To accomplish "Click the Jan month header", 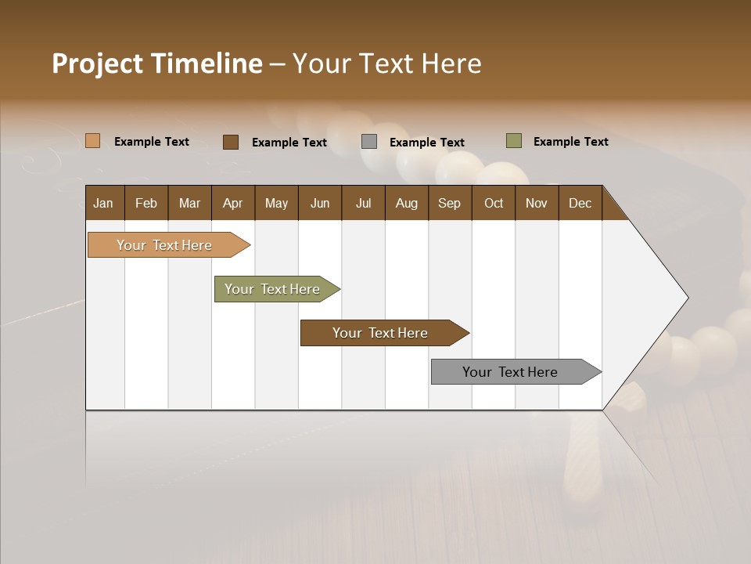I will (103, 203).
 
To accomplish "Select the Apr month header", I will (232, 203).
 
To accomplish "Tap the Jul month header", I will (363, 203).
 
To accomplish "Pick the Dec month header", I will (580, 203).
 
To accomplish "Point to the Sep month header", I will (449, 203).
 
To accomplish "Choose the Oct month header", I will (494, 203).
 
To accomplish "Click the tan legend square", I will (92, 141).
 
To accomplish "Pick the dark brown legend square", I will (230, 142).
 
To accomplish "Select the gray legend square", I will (369, 142).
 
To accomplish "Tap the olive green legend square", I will (513, 141).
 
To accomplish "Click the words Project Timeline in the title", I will (156, 63).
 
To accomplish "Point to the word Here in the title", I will (451, 63).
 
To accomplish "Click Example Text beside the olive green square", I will (570, 142).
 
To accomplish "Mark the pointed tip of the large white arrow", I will (686, 298).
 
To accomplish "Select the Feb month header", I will (146, 203).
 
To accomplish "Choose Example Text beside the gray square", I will (426, 143).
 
